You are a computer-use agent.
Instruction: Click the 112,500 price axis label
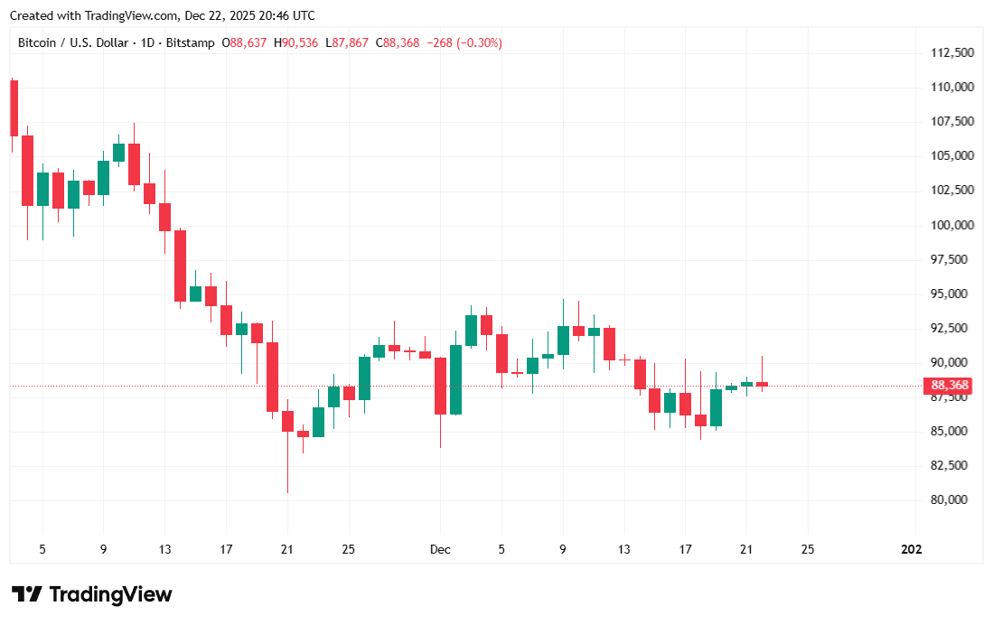coord(951,52)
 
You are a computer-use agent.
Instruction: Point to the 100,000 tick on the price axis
coord(951,225)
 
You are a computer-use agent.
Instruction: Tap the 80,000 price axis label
coord(951,499)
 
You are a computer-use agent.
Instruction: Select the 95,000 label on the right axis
coord(951,294)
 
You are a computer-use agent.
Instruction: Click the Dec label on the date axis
coord(440,549)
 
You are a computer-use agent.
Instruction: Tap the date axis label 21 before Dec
coord(286,549)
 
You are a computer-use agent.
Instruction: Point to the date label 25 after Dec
coord(808,549)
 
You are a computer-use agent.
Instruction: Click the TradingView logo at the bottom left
coord(91,594)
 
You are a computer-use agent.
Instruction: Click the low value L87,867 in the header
coord(347,42)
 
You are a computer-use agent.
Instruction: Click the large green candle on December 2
coord(455,379)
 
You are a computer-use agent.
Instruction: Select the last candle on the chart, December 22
coord(762,384)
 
